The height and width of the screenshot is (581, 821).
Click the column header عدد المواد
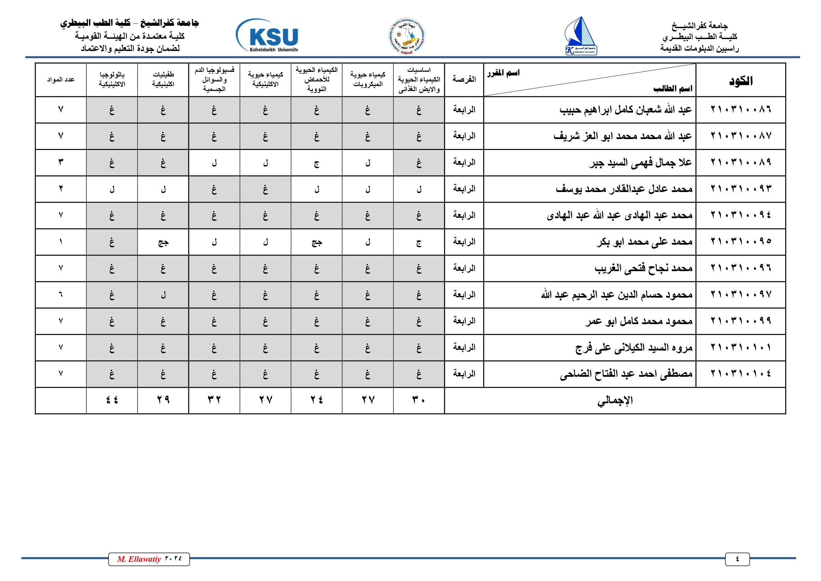pyautogui.click(x=61, y=79)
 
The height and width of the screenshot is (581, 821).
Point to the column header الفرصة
pyautogui.click(x=464, y=79)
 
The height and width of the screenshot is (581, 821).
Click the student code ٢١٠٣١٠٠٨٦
pyautogui.click(x=741, y=110)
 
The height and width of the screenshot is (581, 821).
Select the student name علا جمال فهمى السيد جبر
pyautogui.click(x=640, y=163)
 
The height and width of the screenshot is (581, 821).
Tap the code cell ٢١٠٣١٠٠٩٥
pyautogui.click(x=741, y=242)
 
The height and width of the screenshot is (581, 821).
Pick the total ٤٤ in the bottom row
pyautogui.click(x=112, y=400)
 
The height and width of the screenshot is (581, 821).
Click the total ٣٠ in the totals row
pyautogui.click(x=419, y=400)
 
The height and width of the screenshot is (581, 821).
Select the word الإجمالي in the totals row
pyautogui.click(x=615, y=401)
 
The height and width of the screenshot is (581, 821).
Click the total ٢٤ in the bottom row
pyautogui.click(x=316, y=400)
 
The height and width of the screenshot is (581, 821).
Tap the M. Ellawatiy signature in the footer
pyautogui.click(x=149, y=559)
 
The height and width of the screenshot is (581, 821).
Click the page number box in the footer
pyautogui.click(x=737, y=559)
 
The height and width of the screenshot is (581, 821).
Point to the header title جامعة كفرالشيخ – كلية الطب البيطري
pyautogui.click(x=129, y=23)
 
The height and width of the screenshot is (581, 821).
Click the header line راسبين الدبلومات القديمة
pyautogui.click(x=699, y=48)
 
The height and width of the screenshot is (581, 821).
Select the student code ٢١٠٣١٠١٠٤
pyautogui.click(x=741, y=374)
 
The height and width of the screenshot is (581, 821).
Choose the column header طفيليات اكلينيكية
pyautogui.click(x=163, y=79)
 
